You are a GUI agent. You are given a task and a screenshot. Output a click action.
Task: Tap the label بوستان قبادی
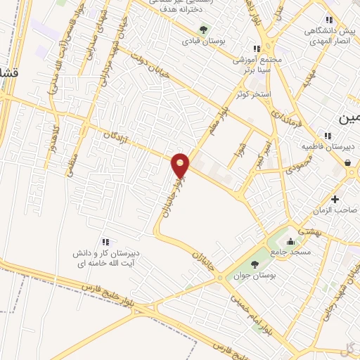(202, 41)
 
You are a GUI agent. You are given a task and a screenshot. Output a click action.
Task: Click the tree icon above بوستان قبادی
(203, 30)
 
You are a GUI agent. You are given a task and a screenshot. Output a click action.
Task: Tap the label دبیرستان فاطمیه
(328, 147)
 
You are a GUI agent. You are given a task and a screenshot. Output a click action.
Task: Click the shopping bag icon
(348, 162)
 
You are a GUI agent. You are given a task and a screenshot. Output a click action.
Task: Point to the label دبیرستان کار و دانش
(105, 253)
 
